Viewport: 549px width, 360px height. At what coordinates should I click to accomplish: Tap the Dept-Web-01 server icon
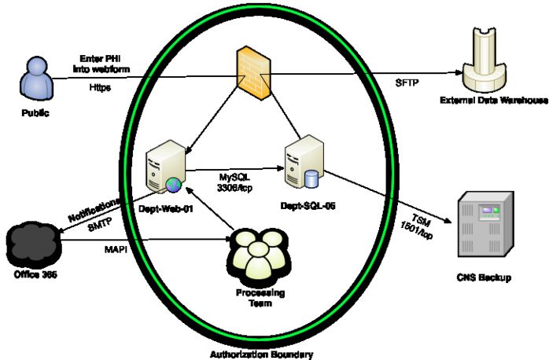click(166, 163)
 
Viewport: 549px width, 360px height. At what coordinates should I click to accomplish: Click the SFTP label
click(406, 82)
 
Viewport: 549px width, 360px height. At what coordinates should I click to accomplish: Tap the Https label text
click(100, 87)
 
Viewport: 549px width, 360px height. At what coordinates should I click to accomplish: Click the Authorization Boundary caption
click(263, 353)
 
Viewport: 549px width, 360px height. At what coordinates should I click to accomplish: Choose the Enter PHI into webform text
click(105, 64)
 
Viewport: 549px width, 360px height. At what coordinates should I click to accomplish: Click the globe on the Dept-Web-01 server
click(172, 184)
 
